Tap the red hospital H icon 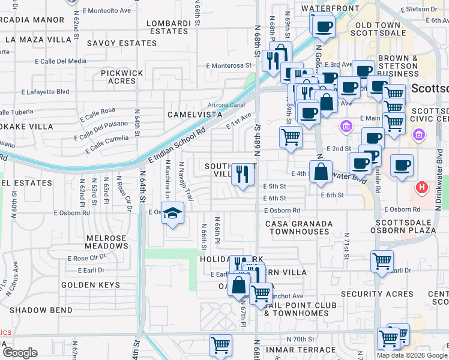coord(422,188)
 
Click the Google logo coord(19,353)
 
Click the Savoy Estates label coord(118,43)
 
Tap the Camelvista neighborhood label coord(191,114)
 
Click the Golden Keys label coord(91,285)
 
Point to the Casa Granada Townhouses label coord(299,227)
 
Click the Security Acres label coord(377,294)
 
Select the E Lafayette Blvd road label coord(45,92)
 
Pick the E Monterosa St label coord(228,65)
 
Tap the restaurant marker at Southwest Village coord(243,175)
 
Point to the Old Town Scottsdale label coord(381,29)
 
